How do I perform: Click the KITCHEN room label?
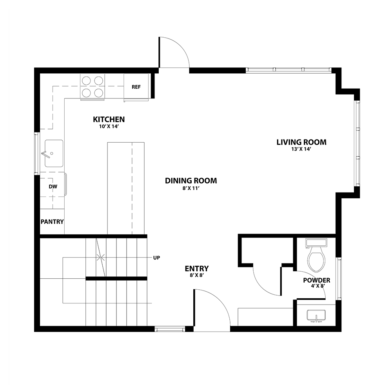pyautogui.click(x=109, y=120)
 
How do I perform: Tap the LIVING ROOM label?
pyautogui.click(x=301, y=142)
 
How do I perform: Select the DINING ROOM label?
pyautogui.click(x=191, y=181)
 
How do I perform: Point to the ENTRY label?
pyautogui.click(x=197, y=269)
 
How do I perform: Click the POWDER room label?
pyautogui.click(x=317, y=280)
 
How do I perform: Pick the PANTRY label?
pyautogui.click(x=52, y=222)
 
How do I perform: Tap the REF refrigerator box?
pyautogui.click(x=136, y=87)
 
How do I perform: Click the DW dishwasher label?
pyautogui.click(x=53, y=187)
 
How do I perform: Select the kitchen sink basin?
pyautogui.click(x=54, y=153)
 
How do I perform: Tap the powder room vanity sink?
pyautogui.click(x=316, y=316)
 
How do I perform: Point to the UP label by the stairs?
pyautogui.click(x=156, y=258)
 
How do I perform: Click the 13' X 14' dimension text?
pyautogui.click(x=301, y=149)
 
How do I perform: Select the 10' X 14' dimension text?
pyautogui.click(x=109, y=127)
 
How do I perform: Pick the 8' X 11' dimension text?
pyautogui.click(x=191, y=188)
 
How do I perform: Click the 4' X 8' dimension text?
pyautogui.click(x=318, y=286)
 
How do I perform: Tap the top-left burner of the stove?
pyautogui.click(x=86, y=80)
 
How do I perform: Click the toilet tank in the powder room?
pyautogui.click(x=316, y=243)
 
